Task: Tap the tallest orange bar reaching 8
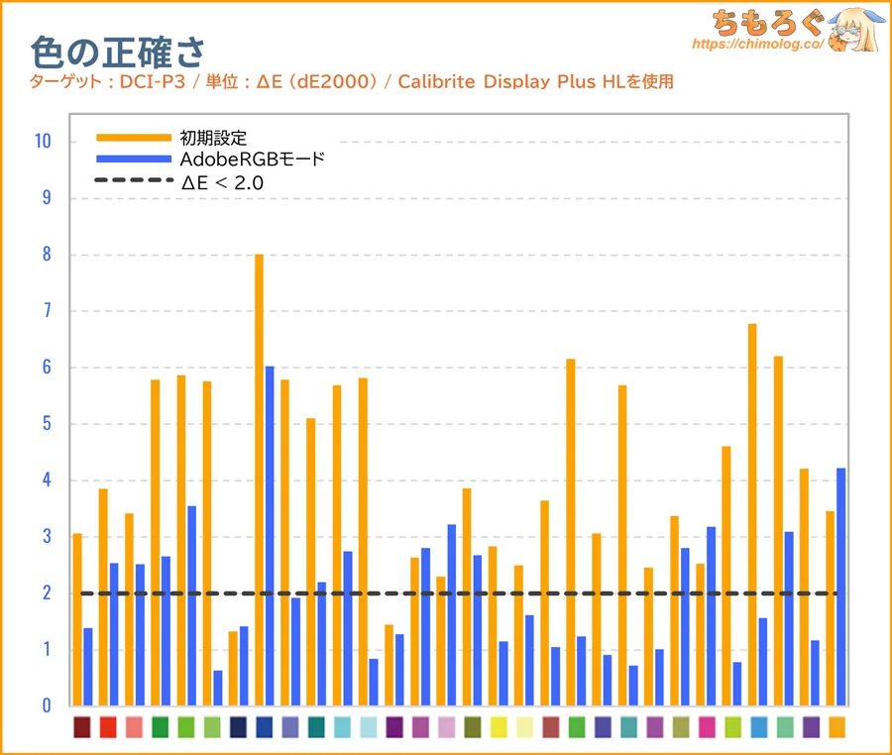click(259, 476)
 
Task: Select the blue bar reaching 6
click(270, 535)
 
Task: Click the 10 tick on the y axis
click(42, 142)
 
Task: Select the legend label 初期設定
click(212, 137)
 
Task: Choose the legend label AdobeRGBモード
click(253, 159)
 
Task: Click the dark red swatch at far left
click(82, 727)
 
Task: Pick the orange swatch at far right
click(836, 727)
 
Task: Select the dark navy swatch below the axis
click(238, 727)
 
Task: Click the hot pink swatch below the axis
click(707, 727)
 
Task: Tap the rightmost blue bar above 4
click(841, 585)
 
